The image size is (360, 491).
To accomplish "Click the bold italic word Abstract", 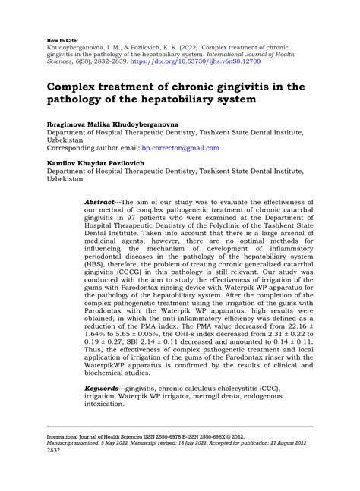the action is coord(103,203).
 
